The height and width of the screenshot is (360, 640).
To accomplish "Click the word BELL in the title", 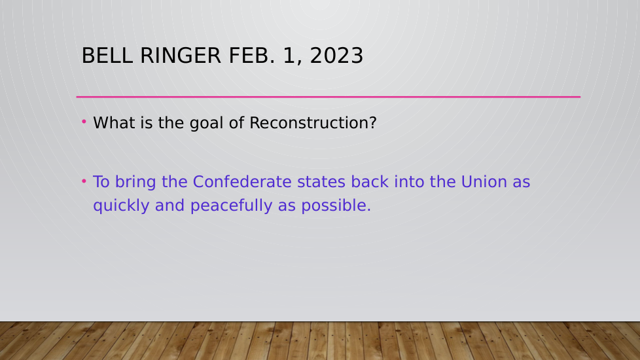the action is (x=107, y=56).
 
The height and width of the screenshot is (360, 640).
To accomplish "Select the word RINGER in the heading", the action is (x=181, y=56).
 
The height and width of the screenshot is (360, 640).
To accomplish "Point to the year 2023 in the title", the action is (x=336, y=56).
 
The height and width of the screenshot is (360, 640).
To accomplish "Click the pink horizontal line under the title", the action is (x=328, y=97).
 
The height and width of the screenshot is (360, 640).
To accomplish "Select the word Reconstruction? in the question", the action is (x=313, y=123).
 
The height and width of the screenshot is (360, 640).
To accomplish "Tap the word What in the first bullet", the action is (x=114, y=123).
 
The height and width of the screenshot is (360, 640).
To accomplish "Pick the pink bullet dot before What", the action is (x=84, y=121).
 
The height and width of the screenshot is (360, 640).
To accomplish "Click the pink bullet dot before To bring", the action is (x=84, y=181).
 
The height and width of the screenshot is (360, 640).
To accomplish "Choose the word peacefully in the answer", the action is (x=231, y=206).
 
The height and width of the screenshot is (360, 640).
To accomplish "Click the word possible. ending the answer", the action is (x=336, y=206).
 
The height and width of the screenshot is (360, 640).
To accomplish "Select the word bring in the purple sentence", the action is (x=135, y=183).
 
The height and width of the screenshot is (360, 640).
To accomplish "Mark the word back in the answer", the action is (x=370, y=181).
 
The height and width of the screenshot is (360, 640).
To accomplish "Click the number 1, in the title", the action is (x=293, y=56).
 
